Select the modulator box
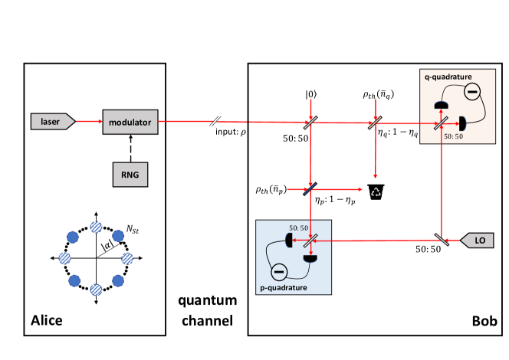point(130,122)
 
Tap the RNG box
point(130,175)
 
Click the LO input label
point(478,241)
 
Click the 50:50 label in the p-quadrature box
point(299,227)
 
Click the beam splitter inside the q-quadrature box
point(443,122)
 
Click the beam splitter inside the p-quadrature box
point(310,241)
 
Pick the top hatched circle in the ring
point(96,227)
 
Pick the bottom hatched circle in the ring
point(96,290)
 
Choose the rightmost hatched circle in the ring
point(128,258)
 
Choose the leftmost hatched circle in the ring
point(64,258)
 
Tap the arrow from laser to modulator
point(89,122)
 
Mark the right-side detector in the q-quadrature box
point(463,122)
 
